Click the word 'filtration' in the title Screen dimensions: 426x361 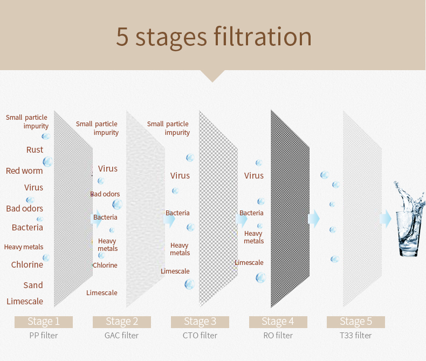click(263, 37)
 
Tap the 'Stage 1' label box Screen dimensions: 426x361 click(44, 322)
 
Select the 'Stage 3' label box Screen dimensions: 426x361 click(200, 322)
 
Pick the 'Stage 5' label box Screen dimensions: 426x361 click(356, 322)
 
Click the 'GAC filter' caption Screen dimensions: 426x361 click(121, 336)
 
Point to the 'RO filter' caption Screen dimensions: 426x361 click(278, 336)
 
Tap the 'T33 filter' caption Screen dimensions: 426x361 click(356, 336)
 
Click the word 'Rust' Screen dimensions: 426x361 click(35, 150)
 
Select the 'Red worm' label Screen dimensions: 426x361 click(24, 171)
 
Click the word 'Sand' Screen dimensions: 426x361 click(33, 285)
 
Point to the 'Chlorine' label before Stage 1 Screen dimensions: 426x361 click(27, 264)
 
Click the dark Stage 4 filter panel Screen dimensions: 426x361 click(290, 209)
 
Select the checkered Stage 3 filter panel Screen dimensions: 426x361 click(218, 209)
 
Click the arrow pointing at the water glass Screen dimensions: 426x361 click(385, 219)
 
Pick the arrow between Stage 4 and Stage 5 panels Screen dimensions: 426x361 click(313, 219)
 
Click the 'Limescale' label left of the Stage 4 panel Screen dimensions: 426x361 click(249, 263)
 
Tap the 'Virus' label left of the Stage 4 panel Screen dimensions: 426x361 click(254, 175)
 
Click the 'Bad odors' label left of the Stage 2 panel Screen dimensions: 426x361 click(105, 194)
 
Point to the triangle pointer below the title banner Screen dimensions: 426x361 click(212, 75)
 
